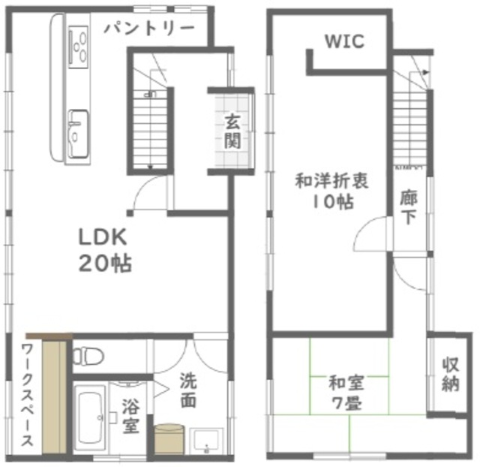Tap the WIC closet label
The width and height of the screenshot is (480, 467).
click(x=344, y=41)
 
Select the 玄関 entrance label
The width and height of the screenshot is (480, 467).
click(x=232, y=131)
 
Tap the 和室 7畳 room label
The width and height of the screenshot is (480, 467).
click(x=346, y=391)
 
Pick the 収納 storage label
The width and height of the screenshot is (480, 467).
click(x=449, y=375)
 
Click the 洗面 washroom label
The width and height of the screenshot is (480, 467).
click(x=187, y=390)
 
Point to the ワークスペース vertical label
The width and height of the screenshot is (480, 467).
click(x=26, y=395)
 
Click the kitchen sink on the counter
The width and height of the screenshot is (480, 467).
click(x=77, y=134)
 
